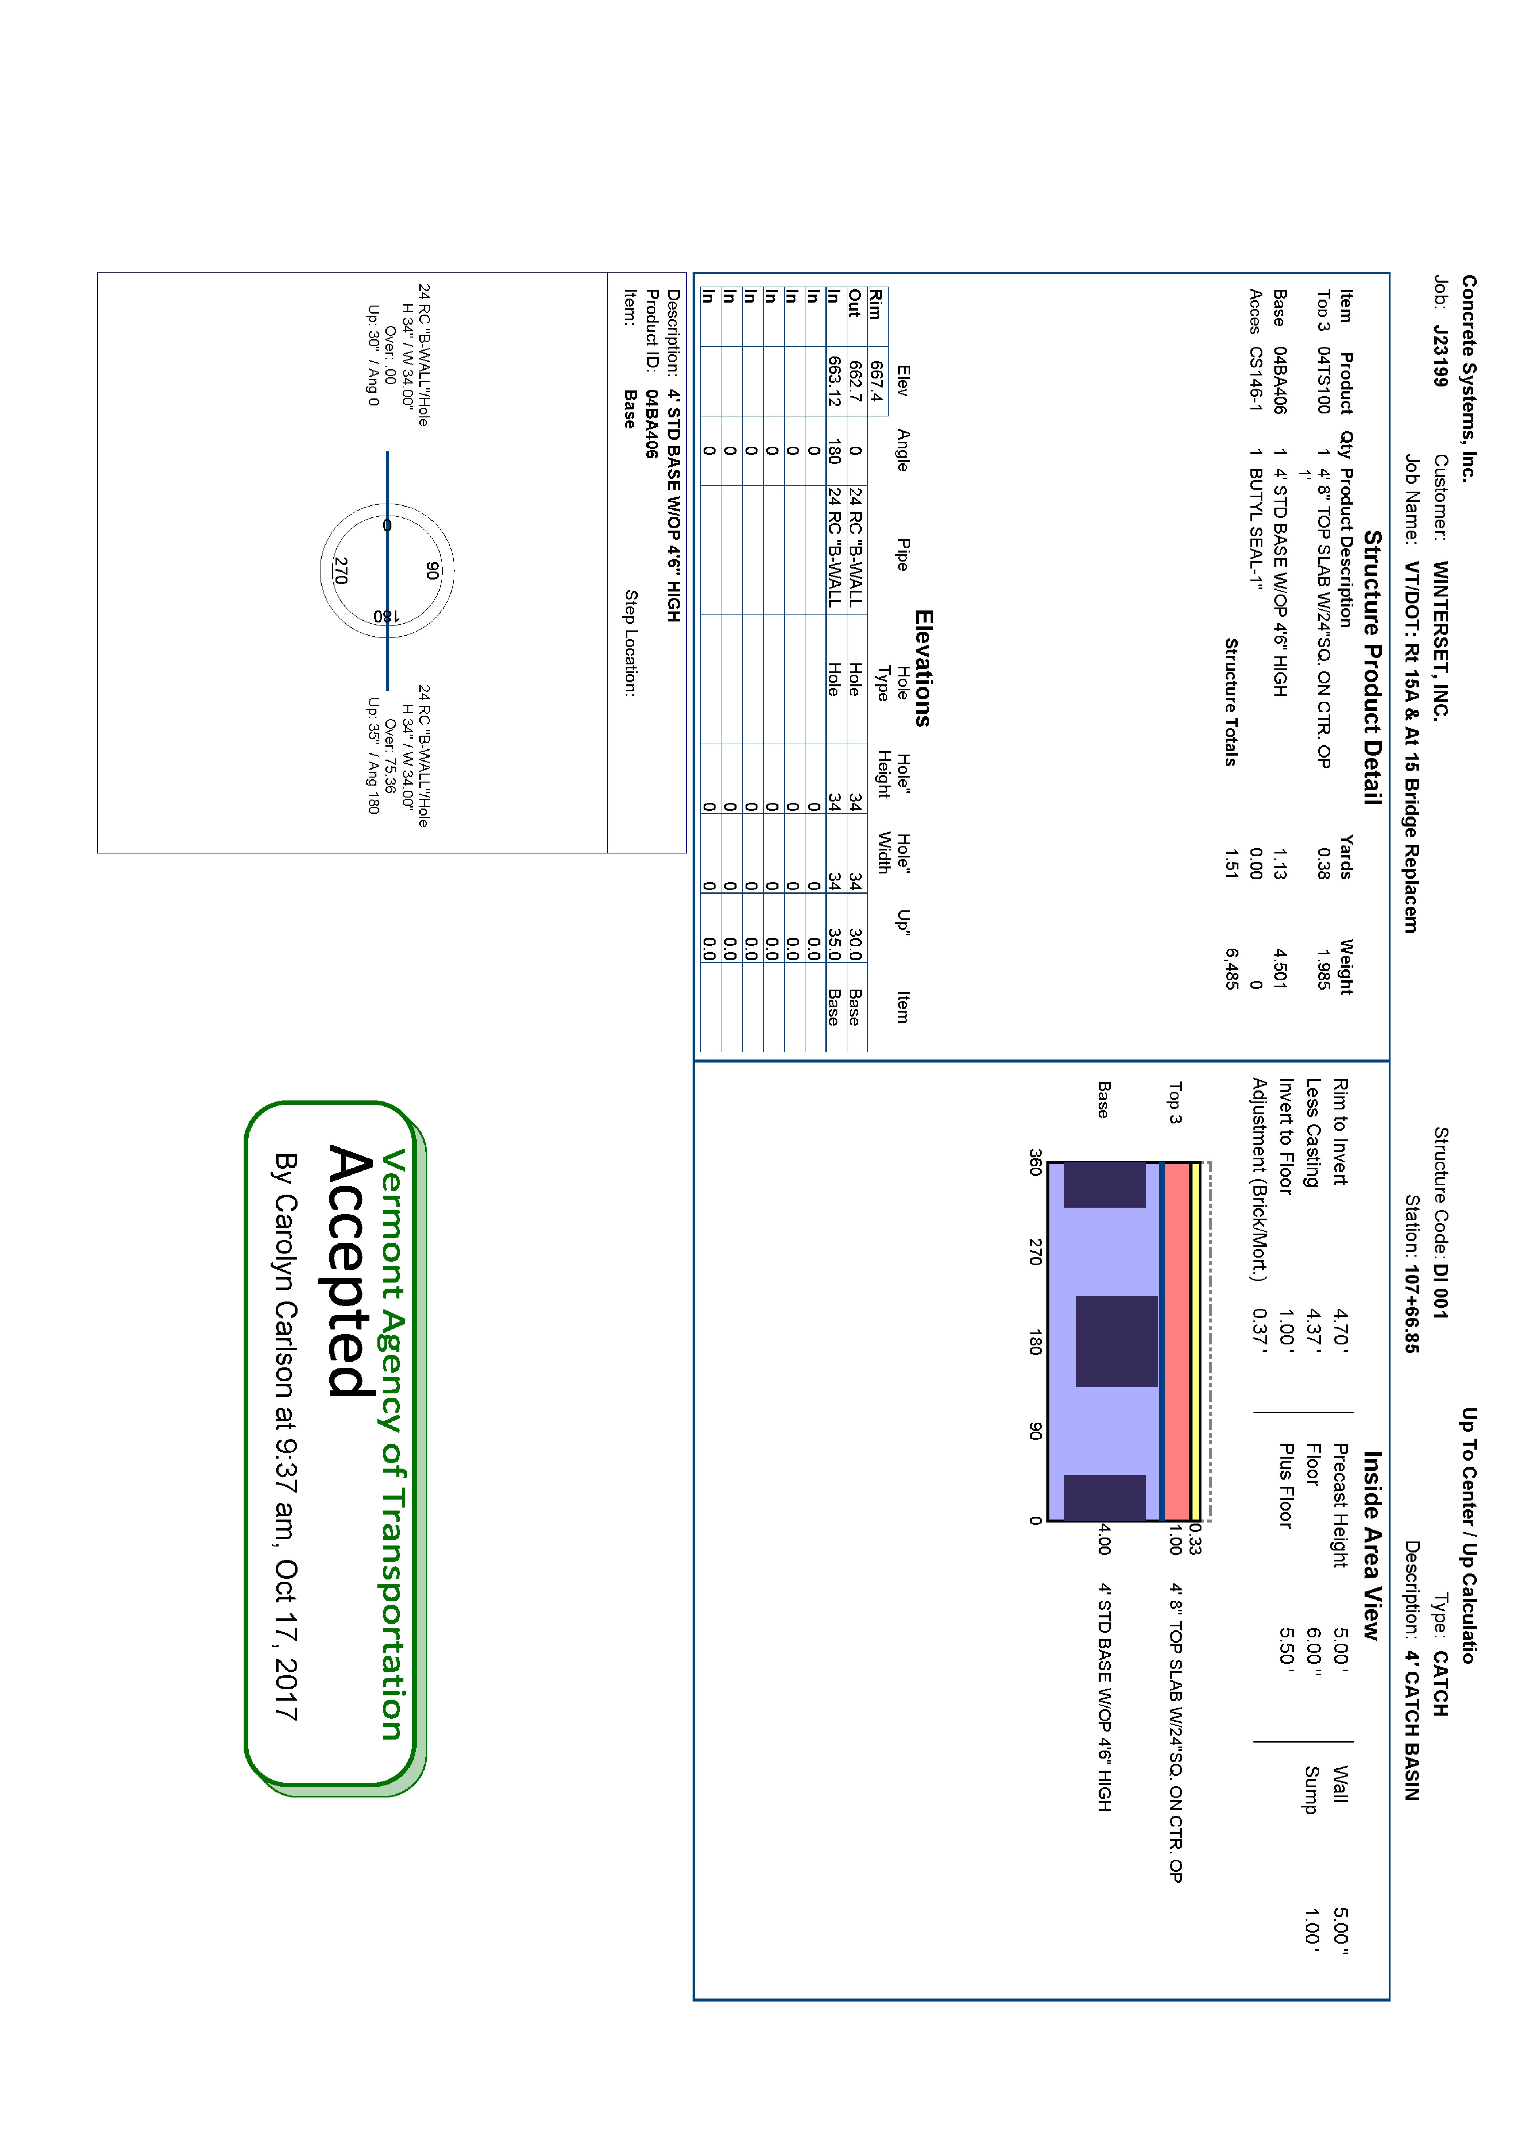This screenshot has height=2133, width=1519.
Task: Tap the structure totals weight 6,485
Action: click(x=1232, y=968)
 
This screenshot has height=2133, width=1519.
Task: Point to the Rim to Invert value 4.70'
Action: click(x=1340, y=1327)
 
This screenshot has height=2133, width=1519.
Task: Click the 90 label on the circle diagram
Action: click(x=431, y=570)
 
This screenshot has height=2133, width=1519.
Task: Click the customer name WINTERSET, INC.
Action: click(x=1440, y=639)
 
